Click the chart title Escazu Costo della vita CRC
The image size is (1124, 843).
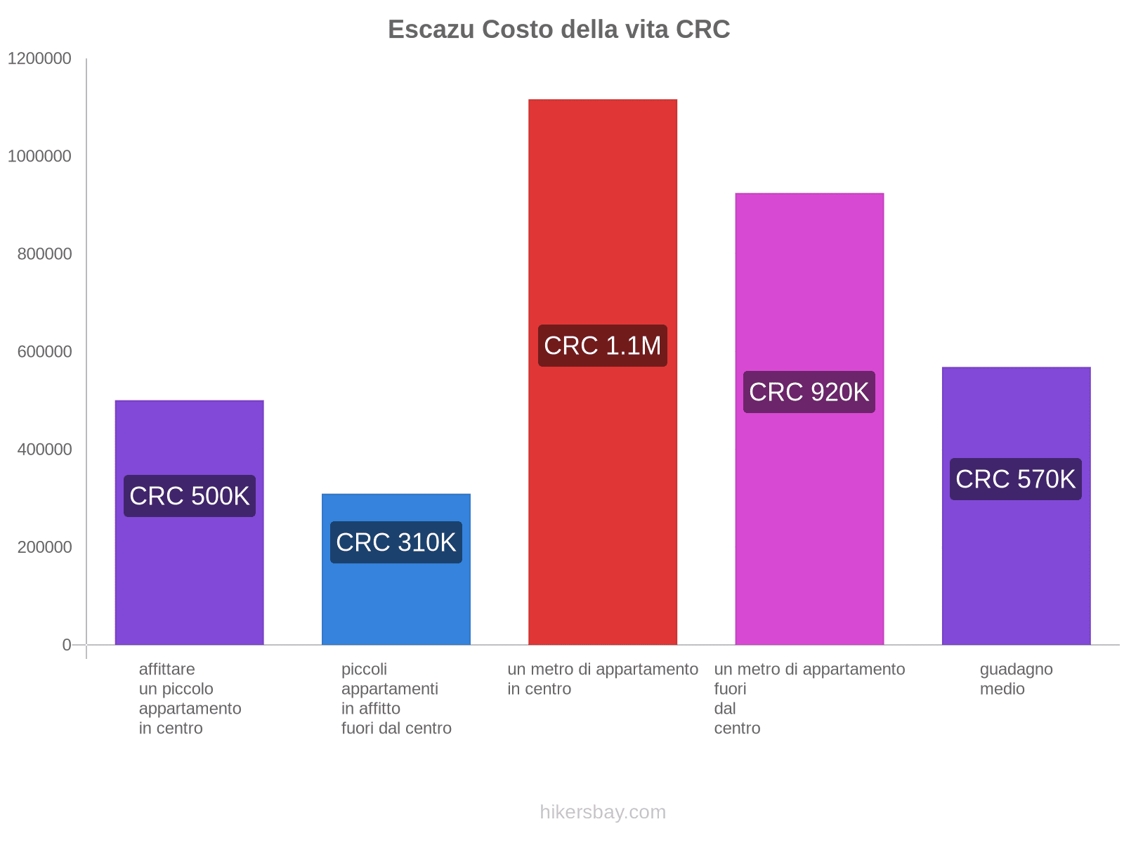pyautogui.click(x=558, y=30)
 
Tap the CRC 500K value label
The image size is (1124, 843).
pyautogui.click(x=190, y=496)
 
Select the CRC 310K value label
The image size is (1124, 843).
pyautogui.click(x=396, y=542)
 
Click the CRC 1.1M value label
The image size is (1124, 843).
pyautogui.click(x=603, y=346)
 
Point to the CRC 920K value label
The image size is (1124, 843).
pyautogui.click(x=809, y=392)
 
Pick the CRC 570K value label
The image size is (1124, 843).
pyautogui.click(x=1016, y=479)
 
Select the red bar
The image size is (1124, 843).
pyautogui.click(x=603, y=211)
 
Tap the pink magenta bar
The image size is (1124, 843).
pyautogui.click(x=809, y=281)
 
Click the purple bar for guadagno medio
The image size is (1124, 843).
pyautogui.click(x=1016, y=562)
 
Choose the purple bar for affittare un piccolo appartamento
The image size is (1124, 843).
pyautogui.click(x=190, y=576)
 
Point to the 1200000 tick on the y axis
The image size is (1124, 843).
pyautogui.click(x=39, y=59)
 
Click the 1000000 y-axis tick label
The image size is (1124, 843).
pyautogui.click(x=39, y=157)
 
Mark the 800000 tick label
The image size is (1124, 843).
pyautogui.click(x=44, y=254)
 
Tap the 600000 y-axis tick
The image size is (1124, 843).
pyautogui.click(x=44, y=352)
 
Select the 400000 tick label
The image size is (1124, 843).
pyautogui.click(x=44, y=450)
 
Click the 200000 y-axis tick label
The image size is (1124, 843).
pyautogui.click(x=44, y=547)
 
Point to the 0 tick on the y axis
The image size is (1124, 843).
pyautogui.click(x=67, y=645)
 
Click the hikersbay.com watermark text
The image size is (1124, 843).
pyautogui.click(x=603, y=812)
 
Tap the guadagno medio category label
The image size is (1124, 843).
pyautogui.click(x=1016, y=679)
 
